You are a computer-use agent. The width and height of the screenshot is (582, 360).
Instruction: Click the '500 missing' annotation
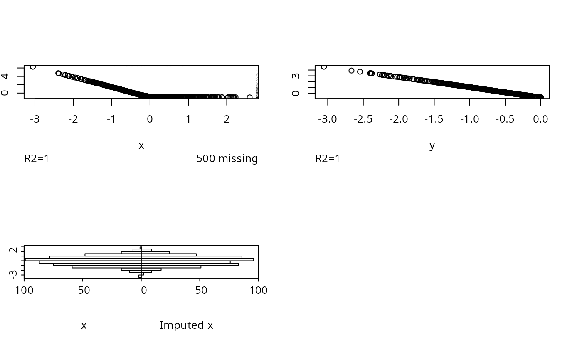tap(227, 159)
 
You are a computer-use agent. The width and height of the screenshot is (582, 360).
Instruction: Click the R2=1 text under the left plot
tap(37, 159)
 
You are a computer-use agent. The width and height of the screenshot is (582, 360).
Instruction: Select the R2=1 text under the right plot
tap(328, 159)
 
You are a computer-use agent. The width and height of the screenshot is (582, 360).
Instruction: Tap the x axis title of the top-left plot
tap(141, 145)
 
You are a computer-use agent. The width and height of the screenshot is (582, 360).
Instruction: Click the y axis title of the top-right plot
tap(432, 145)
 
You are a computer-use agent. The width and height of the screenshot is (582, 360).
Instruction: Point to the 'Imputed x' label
tap(186, 325)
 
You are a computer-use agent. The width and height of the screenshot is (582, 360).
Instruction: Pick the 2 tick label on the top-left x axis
tap(227, 119)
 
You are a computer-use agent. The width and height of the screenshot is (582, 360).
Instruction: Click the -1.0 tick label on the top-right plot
tap(469, 119)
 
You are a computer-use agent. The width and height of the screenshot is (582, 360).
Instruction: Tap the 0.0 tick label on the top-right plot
tap(540, 119)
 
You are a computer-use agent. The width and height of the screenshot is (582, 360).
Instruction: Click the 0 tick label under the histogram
tap(143, 290)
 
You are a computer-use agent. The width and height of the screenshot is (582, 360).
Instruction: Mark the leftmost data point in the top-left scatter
tap(33, 67)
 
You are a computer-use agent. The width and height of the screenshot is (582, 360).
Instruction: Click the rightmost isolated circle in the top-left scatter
tap(249, 97)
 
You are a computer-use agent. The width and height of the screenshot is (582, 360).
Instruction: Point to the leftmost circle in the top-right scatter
tap(324, 67)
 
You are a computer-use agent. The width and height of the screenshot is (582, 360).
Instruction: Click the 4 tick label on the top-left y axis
tap(5, 76)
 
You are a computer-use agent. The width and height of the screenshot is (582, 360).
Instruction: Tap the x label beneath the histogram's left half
tap(84, 325)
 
